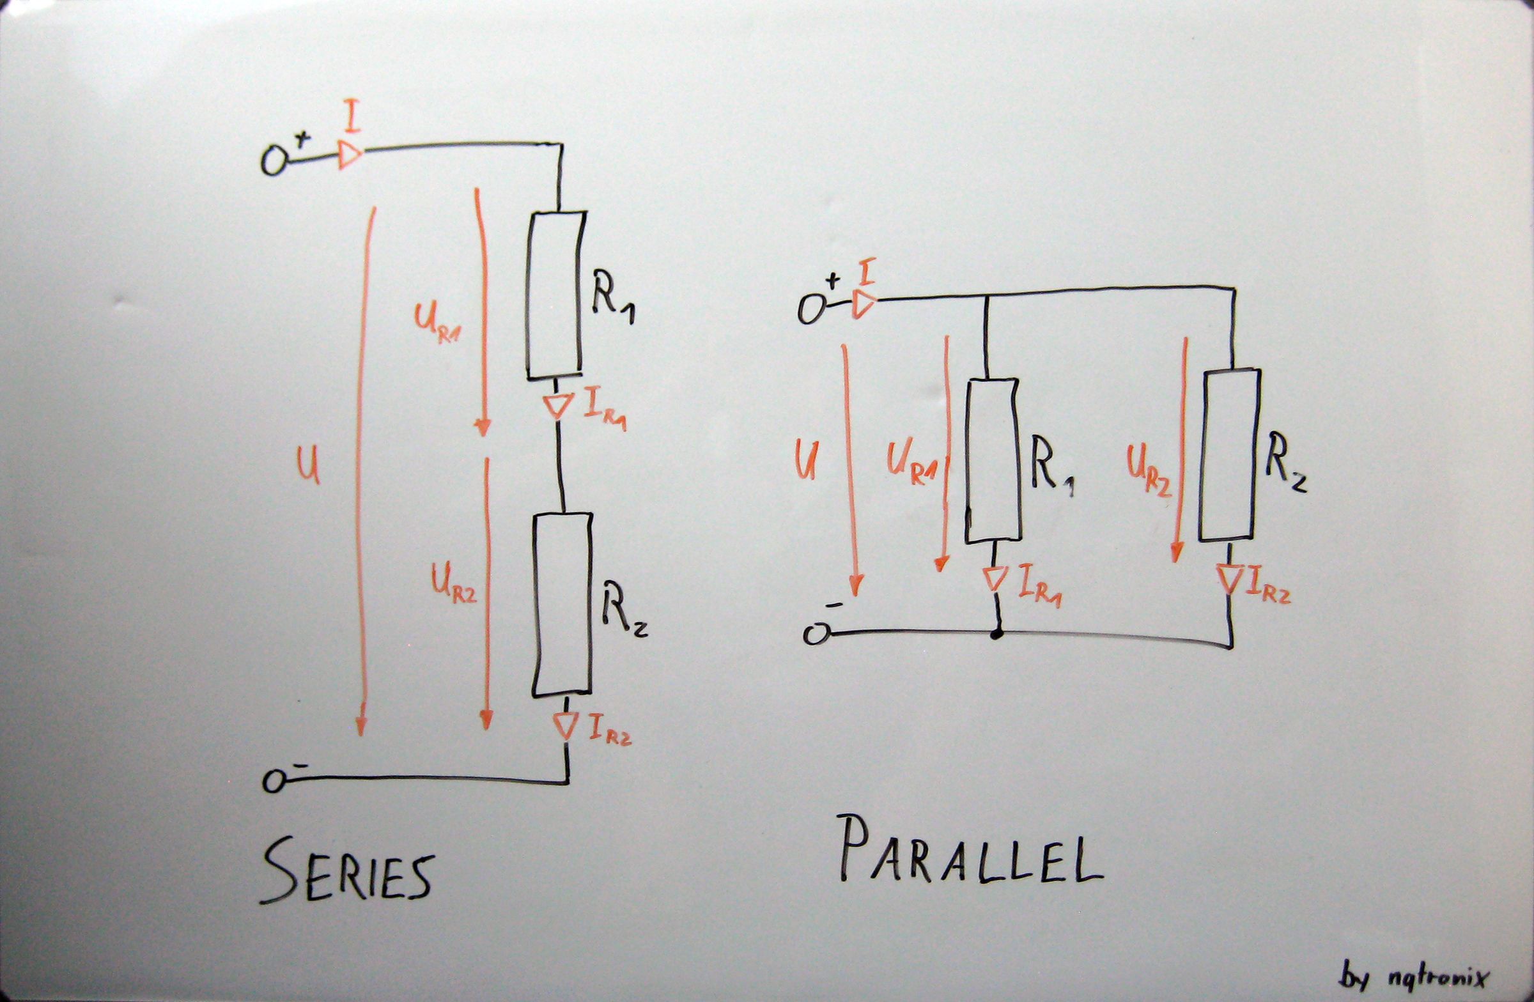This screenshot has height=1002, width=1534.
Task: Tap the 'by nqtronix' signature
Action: pos(1414,977)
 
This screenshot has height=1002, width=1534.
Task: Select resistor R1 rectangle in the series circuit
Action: pos(555,295)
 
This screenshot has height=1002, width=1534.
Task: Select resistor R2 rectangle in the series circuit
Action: pos(562,604)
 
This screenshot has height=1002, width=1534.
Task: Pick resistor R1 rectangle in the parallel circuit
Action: pos(993,460)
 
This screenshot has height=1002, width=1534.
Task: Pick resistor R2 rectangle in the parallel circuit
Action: pos(1229,455)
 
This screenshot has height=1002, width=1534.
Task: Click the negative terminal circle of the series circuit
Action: pos(274,782)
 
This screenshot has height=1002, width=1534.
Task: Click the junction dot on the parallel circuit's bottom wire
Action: pos(996,635)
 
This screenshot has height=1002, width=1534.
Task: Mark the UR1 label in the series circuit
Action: pos(437,323)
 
